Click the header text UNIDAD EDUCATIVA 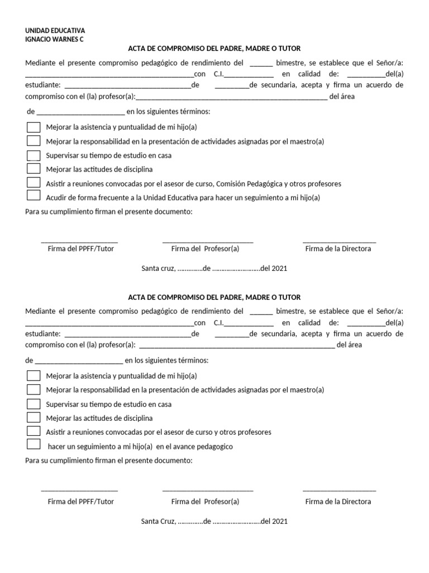[x=55, y=30]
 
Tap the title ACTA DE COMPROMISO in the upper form [x=214, y=49]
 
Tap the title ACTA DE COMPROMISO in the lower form [x=214, y=298]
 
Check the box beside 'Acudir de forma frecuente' [x=34, y=196]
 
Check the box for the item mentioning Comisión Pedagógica [x=34, y=182]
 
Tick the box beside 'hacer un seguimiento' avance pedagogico [x=34, y=445]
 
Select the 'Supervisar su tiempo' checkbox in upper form [x=34, y=155]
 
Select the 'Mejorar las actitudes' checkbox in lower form [x=34, y=417]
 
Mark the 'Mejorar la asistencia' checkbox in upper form [x=34, y=127]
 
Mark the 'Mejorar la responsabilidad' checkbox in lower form [x=34, y=389]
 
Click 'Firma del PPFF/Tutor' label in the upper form [x=80, y=248]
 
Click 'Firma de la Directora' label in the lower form [x=338, y=501]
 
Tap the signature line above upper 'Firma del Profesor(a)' [x=207, y=242]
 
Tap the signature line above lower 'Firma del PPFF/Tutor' [x=79, y=490]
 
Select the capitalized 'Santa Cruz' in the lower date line [x=158, y=522]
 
